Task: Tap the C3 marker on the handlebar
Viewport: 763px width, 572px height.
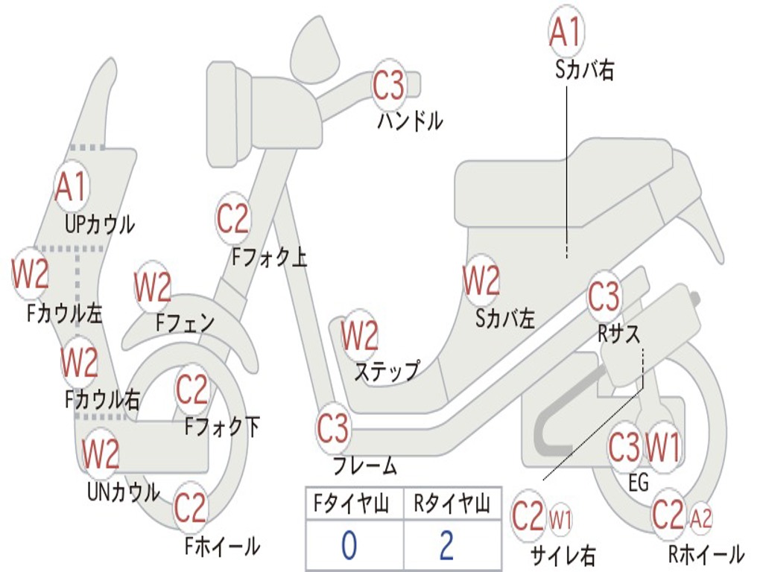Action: [x=388, y=86]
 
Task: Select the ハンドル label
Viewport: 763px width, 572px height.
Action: [x=410, y=120]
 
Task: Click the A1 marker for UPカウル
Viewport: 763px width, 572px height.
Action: [x=72, y=188]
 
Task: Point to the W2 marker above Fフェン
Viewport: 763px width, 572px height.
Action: [x=153, y=287]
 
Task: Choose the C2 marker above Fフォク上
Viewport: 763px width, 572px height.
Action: [x=233, y=218]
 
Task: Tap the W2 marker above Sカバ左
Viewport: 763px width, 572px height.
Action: [x=481, y=281]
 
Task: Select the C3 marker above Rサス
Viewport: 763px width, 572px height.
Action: [x=604, y=297]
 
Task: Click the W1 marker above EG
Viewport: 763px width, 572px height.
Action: [x=662, y=448]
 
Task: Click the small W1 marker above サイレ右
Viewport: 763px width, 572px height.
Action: [x=560, y=518]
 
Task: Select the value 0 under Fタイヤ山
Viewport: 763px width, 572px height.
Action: [x=349, y=546]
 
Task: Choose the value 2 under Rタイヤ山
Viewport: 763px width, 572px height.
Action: [x=446, y=546]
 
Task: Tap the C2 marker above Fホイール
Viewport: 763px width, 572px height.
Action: [x=190, y=509]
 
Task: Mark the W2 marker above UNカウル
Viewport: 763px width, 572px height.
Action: [x=101, y=454]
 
